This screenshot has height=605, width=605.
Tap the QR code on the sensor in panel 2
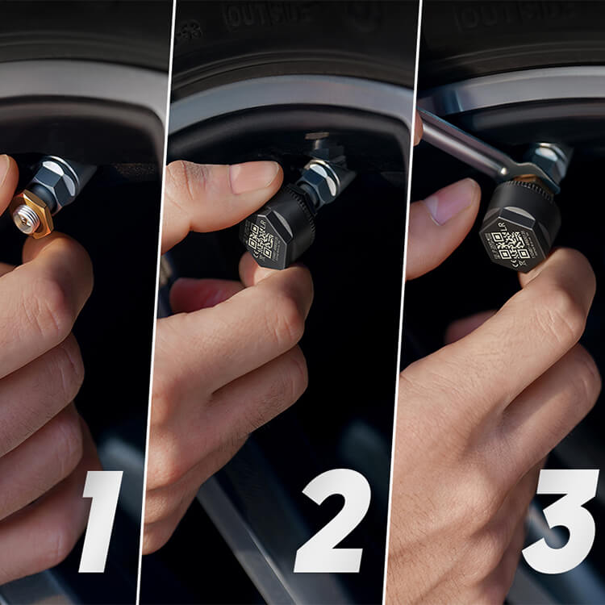pyautogui.click(x=263, y=240)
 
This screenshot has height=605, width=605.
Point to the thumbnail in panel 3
pyautogui.click(x=448, y=201)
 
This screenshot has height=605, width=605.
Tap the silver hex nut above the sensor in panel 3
pyautogui.click(x=552, y=158)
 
